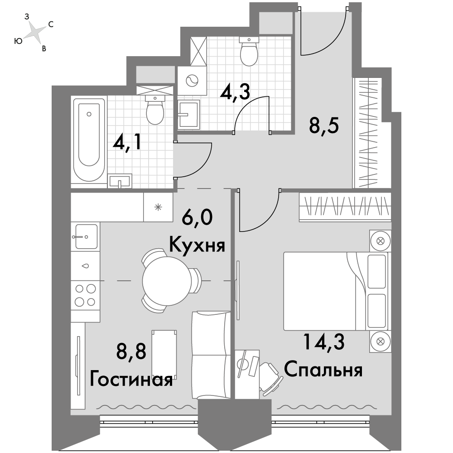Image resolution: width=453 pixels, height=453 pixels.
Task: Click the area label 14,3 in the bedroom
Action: point(323,342)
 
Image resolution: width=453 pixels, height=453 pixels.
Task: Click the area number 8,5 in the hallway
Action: point(323,125)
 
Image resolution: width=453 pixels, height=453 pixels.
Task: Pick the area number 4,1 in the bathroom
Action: point(127,142)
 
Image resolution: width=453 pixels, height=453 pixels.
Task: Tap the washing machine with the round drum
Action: point(192,81)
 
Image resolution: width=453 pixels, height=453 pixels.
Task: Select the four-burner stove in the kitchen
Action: point(86,295)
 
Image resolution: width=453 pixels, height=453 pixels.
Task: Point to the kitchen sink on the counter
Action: point(86,236)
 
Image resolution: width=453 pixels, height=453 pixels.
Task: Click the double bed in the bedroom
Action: point(336,291)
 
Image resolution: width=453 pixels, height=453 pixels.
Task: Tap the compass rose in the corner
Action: point(34,32)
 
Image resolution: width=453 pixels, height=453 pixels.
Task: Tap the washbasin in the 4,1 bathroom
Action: point(120,181)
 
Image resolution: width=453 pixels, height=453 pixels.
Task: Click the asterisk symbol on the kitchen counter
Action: point(158,207)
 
